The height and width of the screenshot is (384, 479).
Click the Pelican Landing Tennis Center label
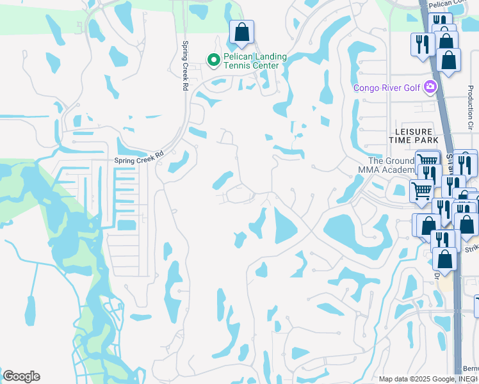pos(250,61)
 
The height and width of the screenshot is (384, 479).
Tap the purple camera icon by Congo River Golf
pos(430,87)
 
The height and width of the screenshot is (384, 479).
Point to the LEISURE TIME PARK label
pos(413,135)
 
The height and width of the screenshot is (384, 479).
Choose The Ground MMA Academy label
pos(384,165)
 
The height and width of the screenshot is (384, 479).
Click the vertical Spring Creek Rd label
pos(185,65)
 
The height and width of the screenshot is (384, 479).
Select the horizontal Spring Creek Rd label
pos(139,157)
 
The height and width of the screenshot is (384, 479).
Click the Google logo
pos(21,376)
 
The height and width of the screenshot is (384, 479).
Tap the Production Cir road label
pos(470,106)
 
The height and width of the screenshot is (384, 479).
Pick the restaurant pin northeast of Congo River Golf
pos(421,45)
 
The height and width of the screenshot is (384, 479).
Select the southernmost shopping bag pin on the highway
pos(444,259)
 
